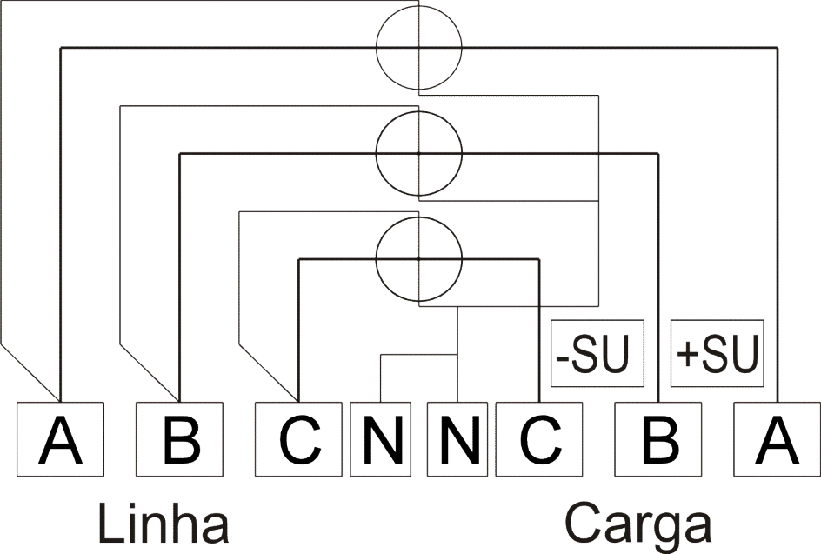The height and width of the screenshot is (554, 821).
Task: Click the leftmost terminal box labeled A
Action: (60, 439)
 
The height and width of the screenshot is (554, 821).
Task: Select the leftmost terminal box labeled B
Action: (179, 439)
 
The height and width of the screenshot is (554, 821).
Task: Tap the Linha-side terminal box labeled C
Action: (298, 439)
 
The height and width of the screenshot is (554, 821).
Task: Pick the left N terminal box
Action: (381, 439)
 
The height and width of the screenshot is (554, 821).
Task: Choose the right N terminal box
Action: (457, 439)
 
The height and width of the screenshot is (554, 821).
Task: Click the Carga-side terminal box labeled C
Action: (539, 439)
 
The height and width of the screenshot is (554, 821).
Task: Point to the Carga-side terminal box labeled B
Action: (658, 439)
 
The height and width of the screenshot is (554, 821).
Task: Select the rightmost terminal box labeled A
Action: (777, 439)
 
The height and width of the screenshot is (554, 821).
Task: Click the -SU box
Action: (597, 353)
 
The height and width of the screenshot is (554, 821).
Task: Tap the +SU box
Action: (718, 353)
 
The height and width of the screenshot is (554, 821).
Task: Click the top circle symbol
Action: (377, 48)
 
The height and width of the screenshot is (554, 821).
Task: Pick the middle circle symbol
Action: (377, 153)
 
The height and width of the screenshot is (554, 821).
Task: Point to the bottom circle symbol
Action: (377, 258)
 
